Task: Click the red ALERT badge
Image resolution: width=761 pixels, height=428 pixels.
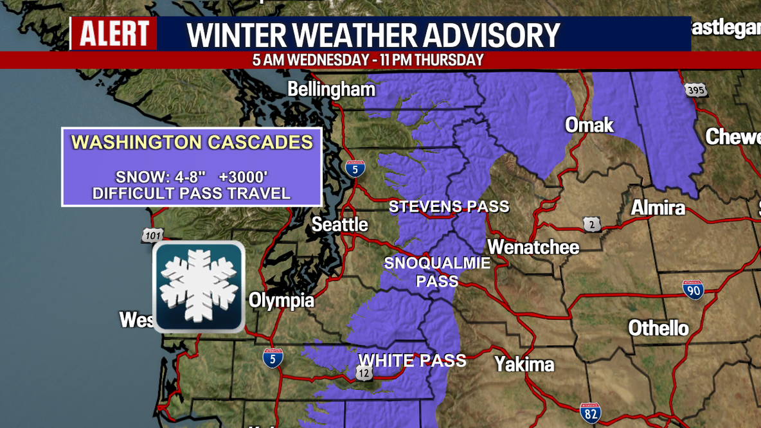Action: [x=113, y=34]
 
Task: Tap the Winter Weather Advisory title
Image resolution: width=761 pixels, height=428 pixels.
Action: [x=374, y=35]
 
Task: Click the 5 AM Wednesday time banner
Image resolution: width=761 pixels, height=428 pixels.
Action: [x=368, y=60]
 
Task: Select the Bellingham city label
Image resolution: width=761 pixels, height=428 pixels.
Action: [x=330, y=89]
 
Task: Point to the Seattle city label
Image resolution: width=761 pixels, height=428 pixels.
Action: [x=340, y=224]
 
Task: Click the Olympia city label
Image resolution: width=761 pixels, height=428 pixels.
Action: [x=282, y=300]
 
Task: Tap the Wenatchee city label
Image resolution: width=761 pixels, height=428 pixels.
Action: [x=533, y=247]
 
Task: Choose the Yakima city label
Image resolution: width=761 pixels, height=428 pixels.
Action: [x=524, y=364]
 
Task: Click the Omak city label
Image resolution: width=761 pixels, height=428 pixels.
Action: [x=589, y=125]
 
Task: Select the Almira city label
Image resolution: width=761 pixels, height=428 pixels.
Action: [x=658, y=208]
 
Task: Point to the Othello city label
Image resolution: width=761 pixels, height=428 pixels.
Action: [x=658, y=328]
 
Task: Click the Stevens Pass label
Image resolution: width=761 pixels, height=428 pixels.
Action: [x=449, y=207]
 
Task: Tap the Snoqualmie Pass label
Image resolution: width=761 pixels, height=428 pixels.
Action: [x=437, y=272]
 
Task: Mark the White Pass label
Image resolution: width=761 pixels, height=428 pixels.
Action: [x=412, y=361]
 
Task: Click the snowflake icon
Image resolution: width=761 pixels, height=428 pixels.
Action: [x=199, y=287]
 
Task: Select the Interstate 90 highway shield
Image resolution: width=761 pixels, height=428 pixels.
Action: [x=693, y=290]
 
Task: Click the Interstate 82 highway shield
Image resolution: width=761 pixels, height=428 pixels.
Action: [x=590, y=413]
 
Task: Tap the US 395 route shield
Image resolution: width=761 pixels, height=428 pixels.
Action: [x=695, y=90]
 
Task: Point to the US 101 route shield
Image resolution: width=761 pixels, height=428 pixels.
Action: [x=152, y=236]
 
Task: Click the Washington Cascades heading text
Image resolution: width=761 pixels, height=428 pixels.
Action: [x=192, y=142]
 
